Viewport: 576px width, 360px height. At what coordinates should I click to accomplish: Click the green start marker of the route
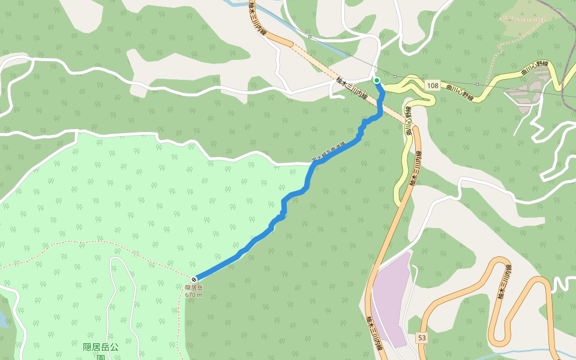[377, 80]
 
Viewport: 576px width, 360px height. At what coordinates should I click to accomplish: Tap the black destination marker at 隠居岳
[194, 280]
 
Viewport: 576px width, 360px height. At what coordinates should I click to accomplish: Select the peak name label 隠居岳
[194, 288]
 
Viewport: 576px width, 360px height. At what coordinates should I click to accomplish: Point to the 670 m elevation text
[194, 295]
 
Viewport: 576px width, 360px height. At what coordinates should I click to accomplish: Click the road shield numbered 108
[432, 86]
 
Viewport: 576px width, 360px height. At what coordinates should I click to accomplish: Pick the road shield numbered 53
[422, 338]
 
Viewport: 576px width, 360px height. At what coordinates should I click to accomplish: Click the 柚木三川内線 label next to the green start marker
[352, 89]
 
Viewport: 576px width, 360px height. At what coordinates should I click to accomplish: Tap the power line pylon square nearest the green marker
[395, 76]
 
